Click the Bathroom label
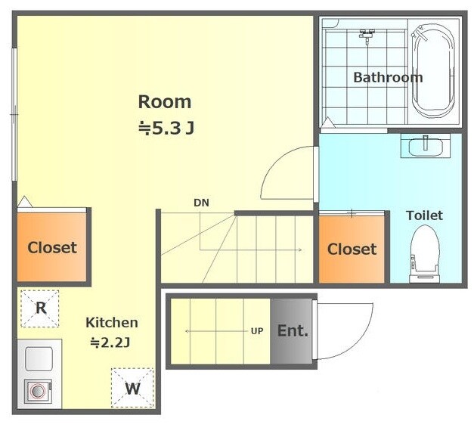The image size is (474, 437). pos(388,77)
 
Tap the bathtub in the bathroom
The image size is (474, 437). pos(433,72)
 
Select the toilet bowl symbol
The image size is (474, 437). pos(424,254)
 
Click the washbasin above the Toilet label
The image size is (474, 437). pos(426,147)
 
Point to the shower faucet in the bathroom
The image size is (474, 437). pos(367,34)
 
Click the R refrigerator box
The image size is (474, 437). pos(40,308)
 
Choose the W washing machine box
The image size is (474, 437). pos(133,388)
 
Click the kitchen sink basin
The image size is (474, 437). pos(39,359)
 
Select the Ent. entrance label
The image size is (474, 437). pos(293,331)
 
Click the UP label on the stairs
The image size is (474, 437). pos(257,331)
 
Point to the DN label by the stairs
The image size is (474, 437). pos(201,203)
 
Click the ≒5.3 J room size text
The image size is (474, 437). pos(166,129)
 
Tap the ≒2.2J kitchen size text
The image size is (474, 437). pos(110,343)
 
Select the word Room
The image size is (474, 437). pos(165,102)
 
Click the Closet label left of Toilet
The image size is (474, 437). pos(352,249)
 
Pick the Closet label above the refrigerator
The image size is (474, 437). pos(52,248)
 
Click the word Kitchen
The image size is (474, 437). pos(112,323)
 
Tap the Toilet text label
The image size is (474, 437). pos(424,215)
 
